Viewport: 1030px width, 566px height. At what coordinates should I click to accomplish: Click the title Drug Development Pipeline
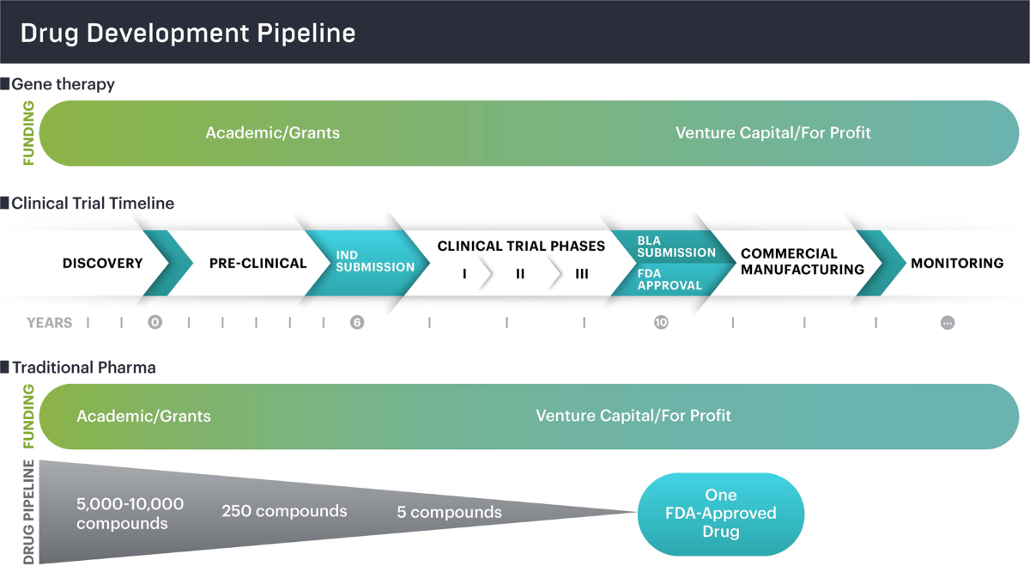click(188, 33)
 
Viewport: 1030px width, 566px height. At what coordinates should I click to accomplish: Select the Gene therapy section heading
click(63, 84)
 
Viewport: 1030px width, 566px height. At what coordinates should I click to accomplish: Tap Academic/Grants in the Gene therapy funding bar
click(272, 133)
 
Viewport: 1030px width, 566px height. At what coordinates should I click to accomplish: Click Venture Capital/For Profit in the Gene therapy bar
click(772, 133)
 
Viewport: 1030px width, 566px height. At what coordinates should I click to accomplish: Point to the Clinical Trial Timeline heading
click(92, 204)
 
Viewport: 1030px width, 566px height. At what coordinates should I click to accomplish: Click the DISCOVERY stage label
click(102, 264)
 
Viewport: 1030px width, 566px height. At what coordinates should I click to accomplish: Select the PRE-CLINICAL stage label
click(257, 264)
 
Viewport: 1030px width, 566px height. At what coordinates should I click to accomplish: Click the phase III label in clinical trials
click(581, 275)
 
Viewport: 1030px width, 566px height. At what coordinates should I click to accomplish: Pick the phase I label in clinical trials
click(464, 275)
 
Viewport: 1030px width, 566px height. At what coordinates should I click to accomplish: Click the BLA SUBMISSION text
click(676, 247)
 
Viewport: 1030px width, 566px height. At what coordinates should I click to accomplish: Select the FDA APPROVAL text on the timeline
click(669, 280)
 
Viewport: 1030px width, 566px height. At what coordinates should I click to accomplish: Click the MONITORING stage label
click(956, 264)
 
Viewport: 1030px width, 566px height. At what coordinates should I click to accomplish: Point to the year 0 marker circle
click(154, 323)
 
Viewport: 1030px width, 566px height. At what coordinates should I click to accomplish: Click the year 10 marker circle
click(661, 323)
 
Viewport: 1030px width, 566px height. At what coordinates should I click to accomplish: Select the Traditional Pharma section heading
click(83, 368)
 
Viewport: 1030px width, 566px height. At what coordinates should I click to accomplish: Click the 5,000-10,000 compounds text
click(130, 513)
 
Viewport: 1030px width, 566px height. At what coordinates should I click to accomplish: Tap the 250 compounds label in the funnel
click(284, 511)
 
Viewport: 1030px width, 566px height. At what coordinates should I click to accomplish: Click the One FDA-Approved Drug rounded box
click(720, 514)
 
